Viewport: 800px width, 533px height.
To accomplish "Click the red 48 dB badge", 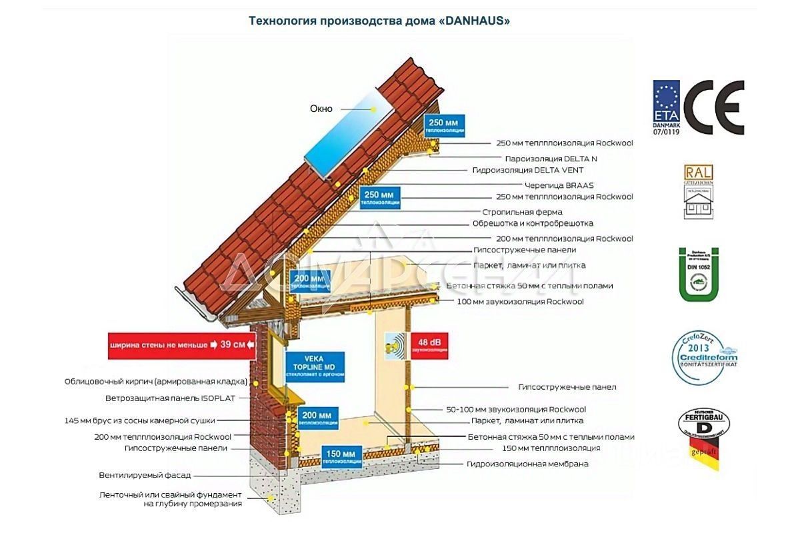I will tap(429, 344).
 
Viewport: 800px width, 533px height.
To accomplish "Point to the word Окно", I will tap(321, 109).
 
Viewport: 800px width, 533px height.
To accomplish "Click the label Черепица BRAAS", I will tap(558, 185).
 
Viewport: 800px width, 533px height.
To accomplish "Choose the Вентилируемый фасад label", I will tap(145, 475).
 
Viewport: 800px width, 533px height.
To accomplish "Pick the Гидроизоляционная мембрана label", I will tap(527, 464).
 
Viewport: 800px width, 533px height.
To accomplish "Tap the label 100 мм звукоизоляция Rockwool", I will tap(520, 302).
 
